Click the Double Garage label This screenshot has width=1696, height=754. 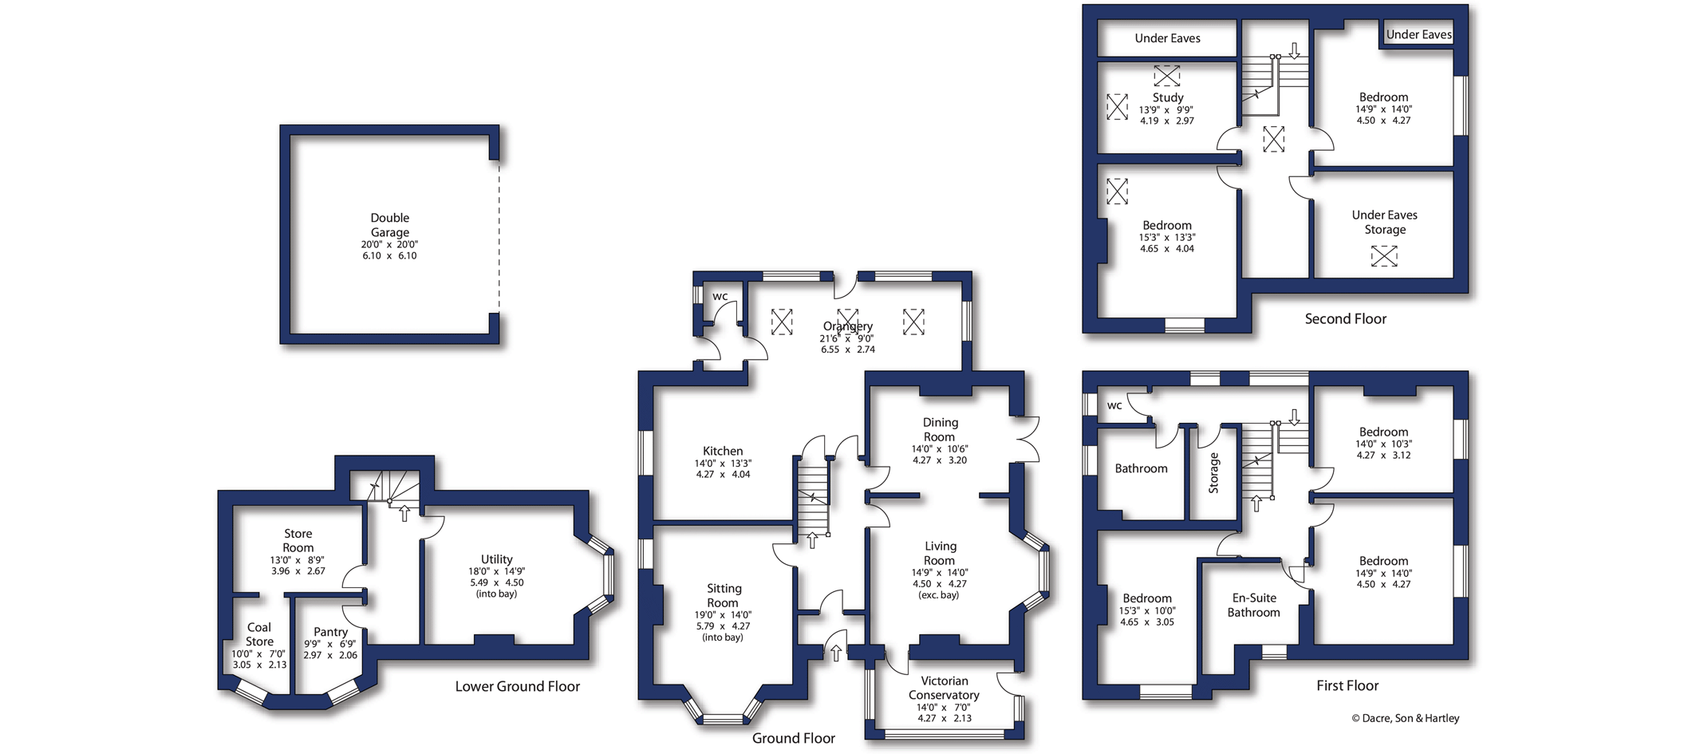coord(389,225)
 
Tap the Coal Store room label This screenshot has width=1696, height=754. coord(259,634)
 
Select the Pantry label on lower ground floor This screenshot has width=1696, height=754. coord(330,632)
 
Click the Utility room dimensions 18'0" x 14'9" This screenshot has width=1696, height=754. coord(496,571)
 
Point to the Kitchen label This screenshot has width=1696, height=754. coord(723,451)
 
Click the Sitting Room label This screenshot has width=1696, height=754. coord(724,595)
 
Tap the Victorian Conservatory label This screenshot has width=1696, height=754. coord(944,688)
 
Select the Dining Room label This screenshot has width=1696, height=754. coord(940,429)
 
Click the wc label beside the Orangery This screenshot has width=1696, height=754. coord(720,297)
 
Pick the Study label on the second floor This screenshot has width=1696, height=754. coord(1167,97)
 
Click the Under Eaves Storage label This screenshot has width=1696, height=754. coord(1384,222)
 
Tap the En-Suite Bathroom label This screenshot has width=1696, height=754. coord(1253,605)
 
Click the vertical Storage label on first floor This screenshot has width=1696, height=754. coord(1214,472)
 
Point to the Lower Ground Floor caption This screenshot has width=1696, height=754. coord(517,686)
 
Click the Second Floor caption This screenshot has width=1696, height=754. coord(1345,318)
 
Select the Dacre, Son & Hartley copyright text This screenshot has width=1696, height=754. coord(1405,718)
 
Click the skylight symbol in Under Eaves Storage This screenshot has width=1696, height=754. coord(1384,256)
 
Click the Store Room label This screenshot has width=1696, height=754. coord(298,540)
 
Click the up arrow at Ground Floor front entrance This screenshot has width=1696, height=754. coord(836,653)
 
